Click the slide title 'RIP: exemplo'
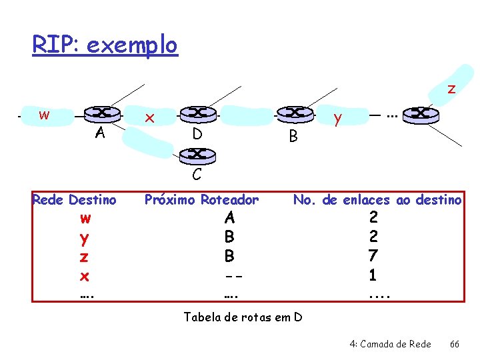coord(105,45)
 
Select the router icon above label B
coord(294,115)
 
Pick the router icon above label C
coord(197,155)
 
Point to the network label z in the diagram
coord(451,89)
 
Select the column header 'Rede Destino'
coord(74,199)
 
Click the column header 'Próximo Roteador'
coord(202,199)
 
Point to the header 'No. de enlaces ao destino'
coord(377,199)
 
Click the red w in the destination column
coord(85,218)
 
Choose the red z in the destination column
coord(85,257)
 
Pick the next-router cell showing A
coord(229,218)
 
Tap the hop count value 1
coord(373,275)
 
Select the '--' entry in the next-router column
coord(230,275)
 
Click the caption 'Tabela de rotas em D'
coord(243,317)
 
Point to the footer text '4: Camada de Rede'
coord(390,344)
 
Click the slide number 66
coord(455,344)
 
